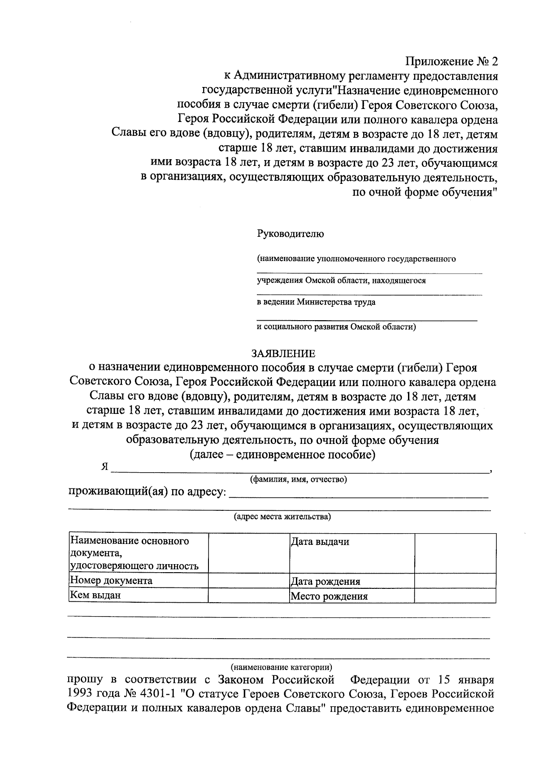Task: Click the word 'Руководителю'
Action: tap(290, 234)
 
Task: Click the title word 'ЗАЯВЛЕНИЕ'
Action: tap(283, 353)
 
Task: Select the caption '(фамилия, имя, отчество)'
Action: tap(298, 479)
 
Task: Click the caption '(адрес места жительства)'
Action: tap(282, 517)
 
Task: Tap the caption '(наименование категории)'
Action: tap(282, 666)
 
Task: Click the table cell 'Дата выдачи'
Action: tap(320, 542)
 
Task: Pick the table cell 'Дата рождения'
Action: tap(325, 582)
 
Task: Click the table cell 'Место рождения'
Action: tap(329, 596)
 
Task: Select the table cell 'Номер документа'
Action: tap(111, 581)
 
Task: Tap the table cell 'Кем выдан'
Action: tap(95, 596)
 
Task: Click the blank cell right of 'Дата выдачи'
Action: tap(455, 552)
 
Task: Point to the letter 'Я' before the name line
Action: tap(105, 466)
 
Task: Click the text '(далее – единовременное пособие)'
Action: tap(282, 455)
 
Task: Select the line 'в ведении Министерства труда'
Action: tap(316, 302)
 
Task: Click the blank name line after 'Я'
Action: tap(300, 469)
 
